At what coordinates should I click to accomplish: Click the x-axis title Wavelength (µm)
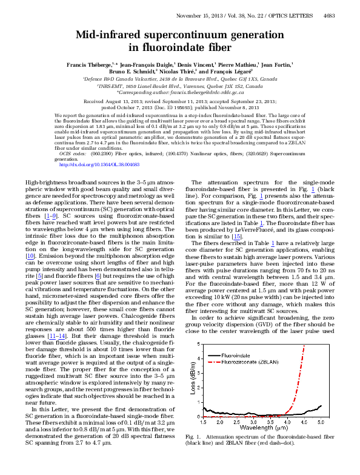coord(262,428)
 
